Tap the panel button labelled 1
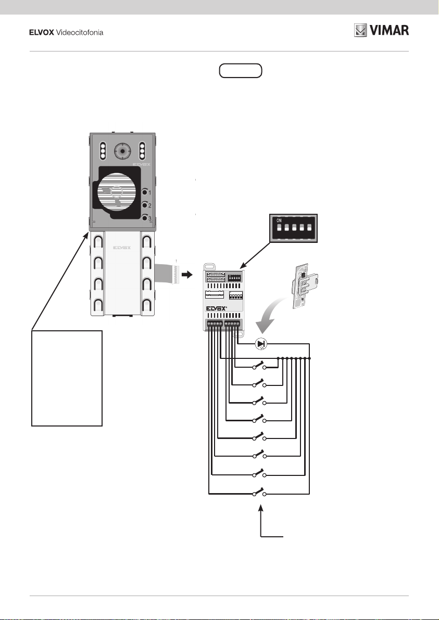coord(145,193)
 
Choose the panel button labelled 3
coord(145,218)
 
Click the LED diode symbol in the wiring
coord(261,343)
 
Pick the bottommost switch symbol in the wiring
coord(259,492)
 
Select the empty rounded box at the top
coord(241,71)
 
